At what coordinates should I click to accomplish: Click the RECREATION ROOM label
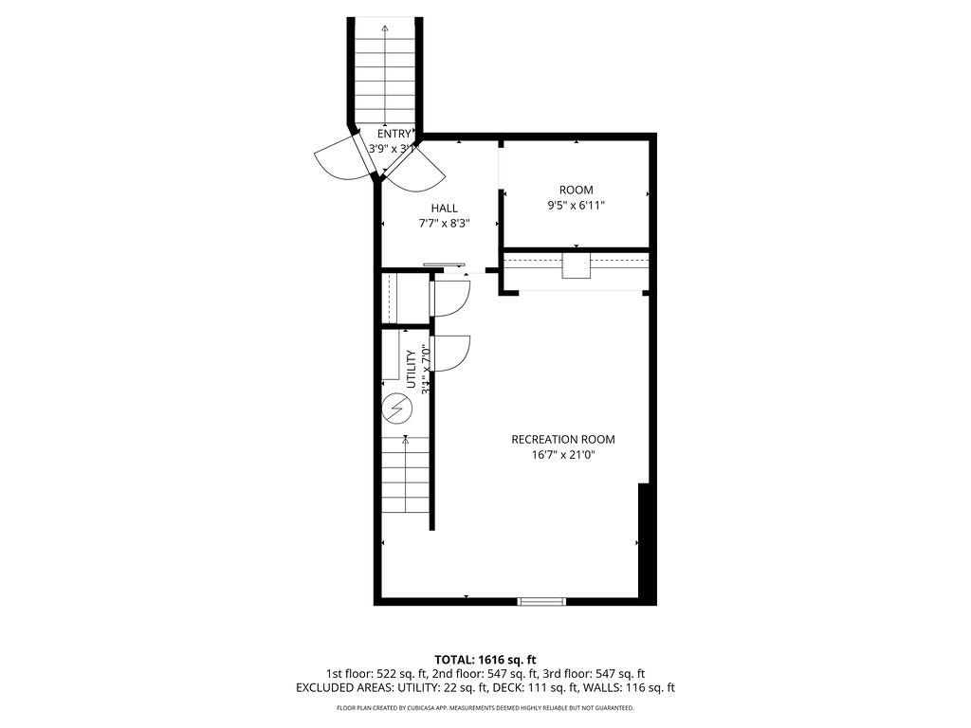coord(562,439)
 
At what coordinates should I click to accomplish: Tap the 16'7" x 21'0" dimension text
coord(562,455)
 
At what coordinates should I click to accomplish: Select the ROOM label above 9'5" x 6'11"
coord(576,190)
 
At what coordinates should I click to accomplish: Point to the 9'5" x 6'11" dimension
coord(576,205)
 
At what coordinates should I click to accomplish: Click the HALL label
coord(444,209)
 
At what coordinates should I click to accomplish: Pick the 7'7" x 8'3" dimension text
coord(445,224)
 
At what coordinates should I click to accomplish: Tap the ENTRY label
coord(394,134)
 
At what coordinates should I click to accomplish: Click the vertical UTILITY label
coord(412,369)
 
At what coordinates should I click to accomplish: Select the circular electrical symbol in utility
coord(396,409)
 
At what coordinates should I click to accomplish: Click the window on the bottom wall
coord(541,600)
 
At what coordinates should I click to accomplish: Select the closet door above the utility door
coord(451,298)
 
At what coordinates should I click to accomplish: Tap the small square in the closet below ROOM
coord(576,265)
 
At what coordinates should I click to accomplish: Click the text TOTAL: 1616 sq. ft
coord(485,659)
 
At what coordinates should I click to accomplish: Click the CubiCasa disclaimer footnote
coord(485,708)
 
